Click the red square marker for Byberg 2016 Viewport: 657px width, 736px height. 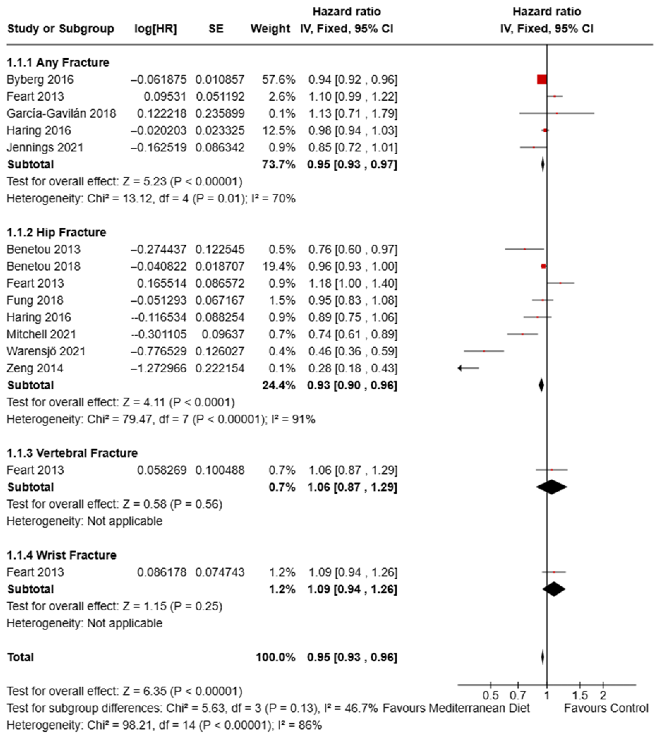[542, 79]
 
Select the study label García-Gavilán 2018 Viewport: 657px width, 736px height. [61, 113]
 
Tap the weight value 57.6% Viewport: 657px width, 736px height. [278, 79]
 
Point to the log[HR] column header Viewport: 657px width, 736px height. [156, 28]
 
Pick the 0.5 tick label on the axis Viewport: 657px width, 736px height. [491, 695]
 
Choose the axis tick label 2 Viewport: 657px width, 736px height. [603, 695]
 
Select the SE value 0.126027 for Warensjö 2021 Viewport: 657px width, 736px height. [220, 351]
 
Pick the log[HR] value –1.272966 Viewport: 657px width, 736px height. [159, 368]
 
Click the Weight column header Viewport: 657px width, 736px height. [270, 28]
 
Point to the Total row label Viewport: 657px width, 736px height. [21, 657]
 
